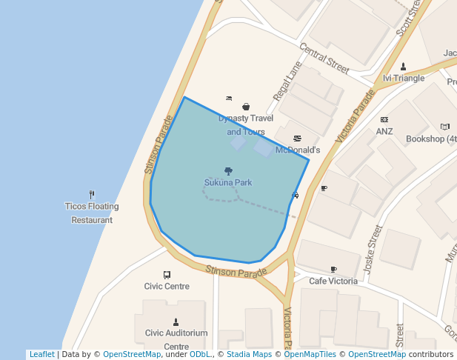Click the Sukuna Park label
[228, 182]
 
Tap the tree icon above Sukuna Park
[228, 171]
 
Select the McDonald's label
[297, 150]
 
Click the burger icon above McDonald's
[297, 139]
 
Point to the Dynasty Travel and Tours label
[246, 125]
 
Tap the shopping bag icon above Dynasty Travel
[246, 107]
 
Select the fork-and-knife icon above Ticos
[92, 194]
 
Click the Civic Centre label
[167, 286]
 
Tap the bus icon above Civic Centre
[167, 275]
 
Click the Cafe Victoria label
[333, 281]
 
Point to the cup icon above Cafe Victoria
[333, 270]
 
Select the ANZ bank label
[384, 131]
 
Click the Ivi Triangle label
[404, 78]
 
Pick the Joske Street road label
[373, 249]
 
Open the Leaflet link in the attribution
[41, 354]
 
